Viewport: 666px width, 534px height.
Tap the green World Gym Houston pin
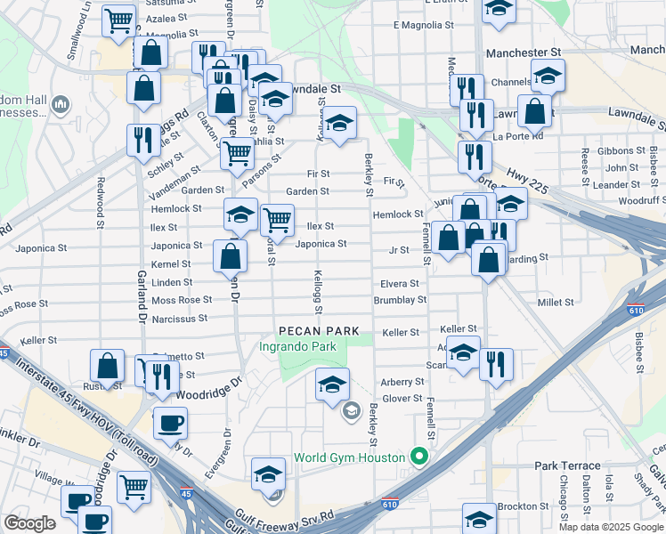coord(420,457)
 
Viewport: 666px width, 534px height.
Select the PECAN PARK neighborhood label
coord(310,330)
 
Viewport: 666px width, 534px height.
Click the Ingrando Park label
coord(298,346)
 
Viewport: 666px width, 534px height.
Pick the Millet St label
coord(556,303)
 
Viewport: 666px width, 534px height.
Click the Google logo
coord(29,522)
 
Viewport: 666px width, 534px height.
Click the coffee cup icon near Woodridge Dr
coord(170,424)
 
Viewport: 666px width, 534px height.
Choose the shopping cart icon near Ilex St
coord(279,219)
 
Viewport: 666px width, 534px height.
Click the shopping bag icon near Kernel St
coord(231,256)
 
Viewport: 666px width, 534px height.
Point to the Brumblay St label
coord(400,301)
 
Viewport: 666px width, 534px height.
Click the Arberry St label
coord(402,381)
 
